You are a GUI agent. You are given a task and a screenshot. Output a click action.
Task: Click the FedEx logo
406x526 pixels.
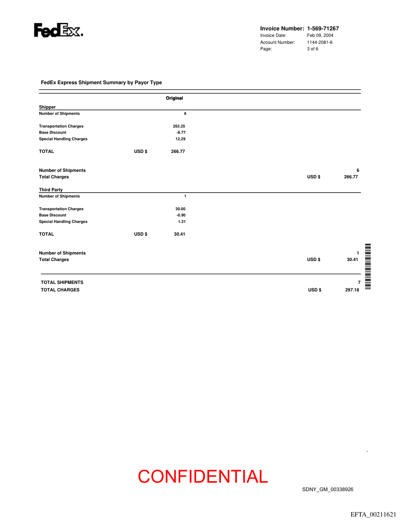point(58,30)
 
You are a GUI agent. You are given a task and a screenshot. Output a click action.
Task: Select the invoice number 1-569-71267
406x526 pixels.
point(323,28)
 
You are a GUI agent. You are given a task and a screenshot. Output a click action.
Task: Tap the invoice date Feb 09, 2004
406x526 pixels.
point(320,35)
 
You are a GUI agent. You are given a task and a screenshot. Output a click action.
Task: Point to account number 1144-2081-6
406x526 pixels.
point(319,42)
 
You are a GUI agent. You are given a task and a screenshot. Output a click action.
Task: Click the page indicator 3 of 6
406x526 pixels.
point(312,49)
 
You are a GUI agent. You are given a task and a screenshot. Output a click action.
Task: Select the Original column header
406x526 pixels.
point(174,98)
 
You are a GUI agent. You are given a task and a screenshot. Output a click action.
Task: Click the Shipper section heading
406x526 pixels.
point(47,107)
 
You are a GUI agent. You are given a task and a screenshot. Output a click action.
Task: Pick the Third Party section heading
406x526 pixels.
point(51,190)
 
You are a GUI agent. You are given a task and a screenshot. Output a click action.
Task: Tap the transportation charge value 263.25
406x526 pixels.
point(179,126)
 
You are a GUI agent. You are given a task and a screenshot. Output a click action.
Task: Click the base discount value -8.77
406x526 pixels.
point(181,132)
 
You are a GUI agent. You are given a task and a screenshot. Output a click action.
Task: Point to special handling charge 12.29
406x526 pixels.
point(181,139)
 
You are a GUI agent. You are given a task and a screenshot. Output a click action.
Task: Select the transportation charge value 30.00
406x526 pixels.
point(180,209)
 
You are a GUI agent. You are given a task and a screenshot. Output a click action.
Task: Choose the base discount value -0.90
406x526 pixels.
point(181,215)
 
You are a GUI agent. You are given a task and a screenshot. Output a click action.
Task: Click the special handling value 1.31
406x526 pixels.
point(182,222)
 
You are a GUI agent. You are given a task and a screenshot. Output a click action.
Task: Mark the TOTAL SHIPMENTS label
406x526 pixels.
point(62,282)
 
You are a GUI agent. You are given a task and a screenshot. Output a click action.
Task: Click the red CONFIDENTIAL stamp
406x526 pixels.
point(203,477)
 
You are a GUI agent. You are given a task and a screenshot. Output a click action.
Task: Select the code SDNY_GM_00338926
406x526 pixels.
point(327,490)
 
